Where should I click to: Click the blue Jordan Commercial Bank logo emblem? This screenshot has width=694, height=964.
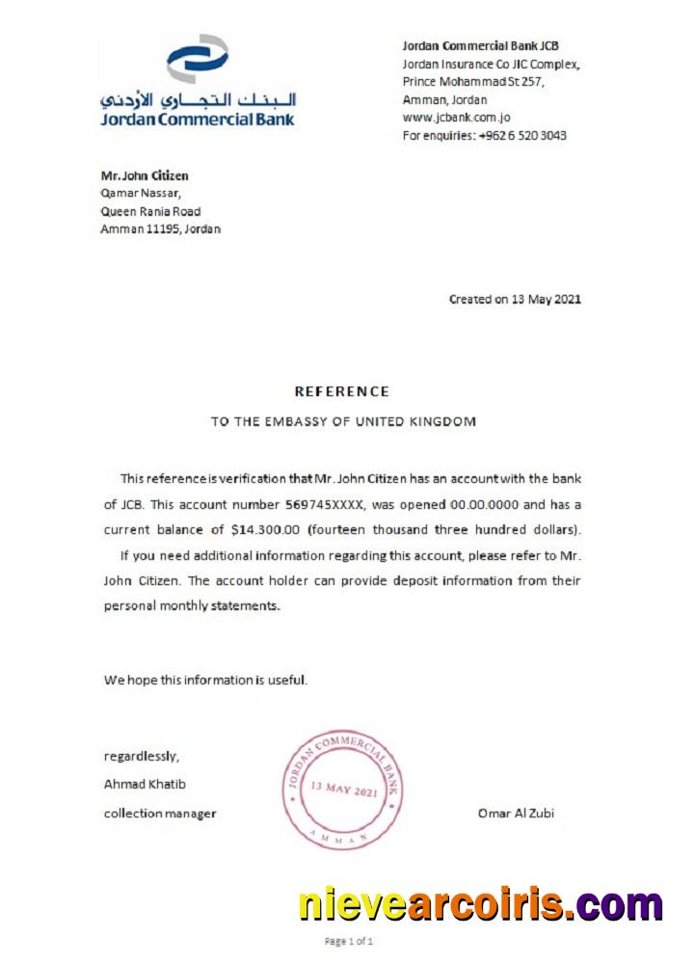tap(198, 60)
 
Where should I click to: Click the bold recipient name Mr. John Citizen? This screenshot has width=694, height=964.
tap(145, 175)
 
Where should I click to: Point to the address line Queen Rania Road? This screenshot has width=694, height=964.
tap(150, 211)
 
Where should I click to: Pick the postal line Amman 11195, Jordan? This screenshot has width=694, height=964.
tap(160, 229)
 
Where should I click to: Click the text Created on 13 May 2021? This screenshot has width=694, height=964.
tap(515, 299)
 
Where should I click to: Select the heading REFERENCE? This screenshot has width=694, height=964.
tap(342, 391)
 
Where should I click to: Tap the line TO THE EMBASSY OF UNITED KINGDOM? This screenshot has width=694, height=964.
tap(343, 422)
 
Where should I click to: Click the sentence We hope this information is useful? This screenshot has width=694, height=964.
tap(206, 680)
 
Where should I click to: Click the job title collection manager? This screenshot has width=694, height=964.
tap(160, 814)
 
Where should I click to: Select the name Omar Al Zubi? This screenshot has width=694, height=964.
tap(516, 814)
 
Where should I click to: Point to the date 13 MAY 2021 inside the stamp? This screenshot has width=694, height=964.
tap(343, 790)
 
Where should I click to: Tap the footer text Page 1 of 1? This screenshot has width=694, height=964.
tap(349, 941)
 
